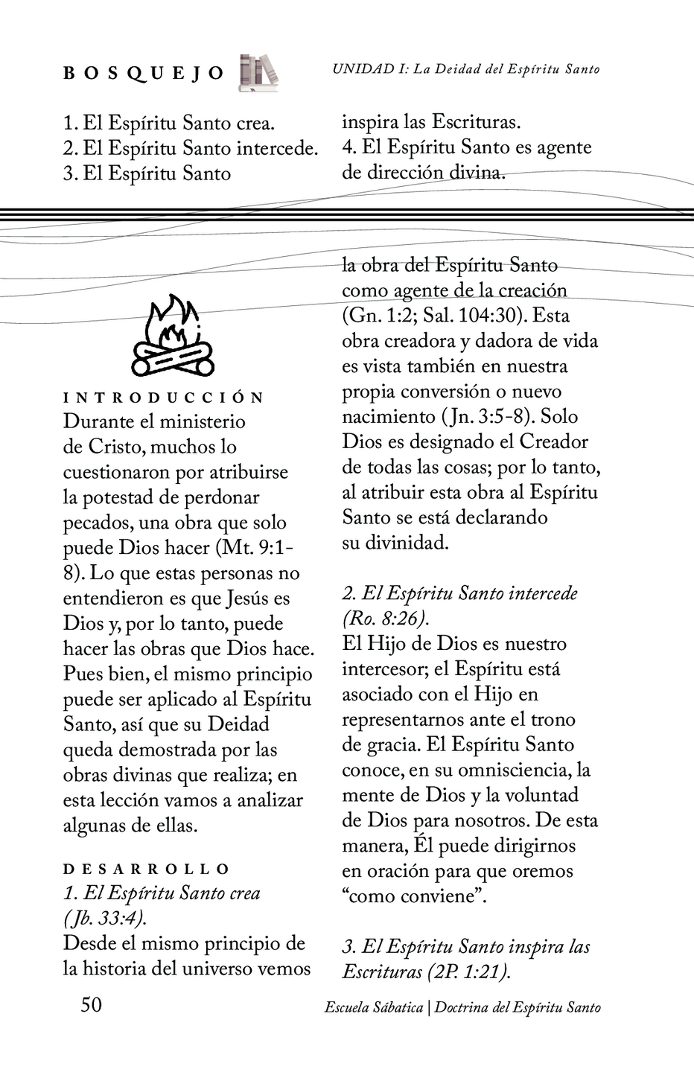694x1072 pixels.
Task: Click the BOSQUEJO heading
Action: point(144,73)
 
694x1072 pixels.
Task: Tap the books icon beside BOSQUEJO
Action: point(258,73)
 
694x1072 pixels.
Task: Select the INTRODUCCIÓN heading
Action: point(164,398)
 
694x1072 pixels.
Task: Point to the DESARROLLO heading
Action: point(147,869)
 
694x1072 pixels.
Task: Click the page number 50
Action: point(91,1005)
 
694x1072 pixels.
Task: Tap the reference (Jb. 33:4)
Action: point(105,918)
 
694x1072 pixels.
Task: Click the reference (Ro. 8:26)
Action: point(386,619)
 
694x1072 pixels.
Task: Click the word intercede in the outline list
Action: point(276,148)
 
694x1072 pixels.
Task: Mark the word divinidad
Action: point(407,543)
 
